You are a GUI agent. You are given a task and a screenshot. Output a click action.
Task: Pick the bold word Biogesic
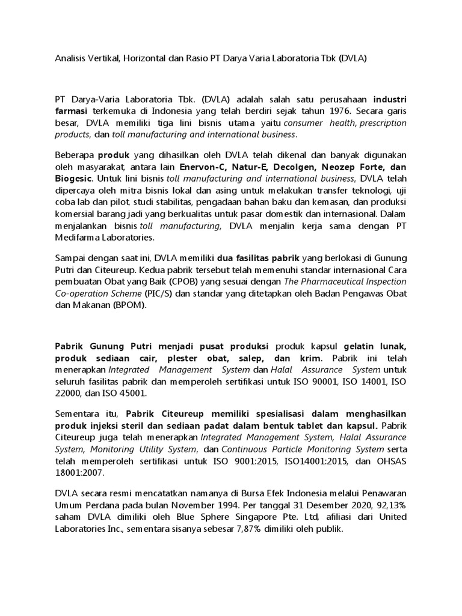tap(73, 179)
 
